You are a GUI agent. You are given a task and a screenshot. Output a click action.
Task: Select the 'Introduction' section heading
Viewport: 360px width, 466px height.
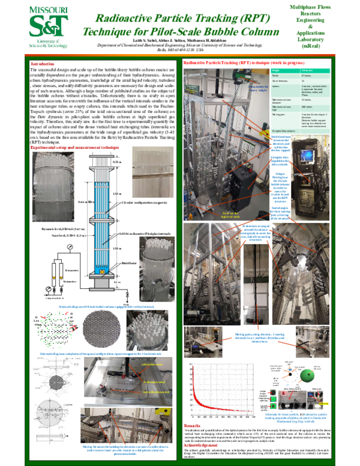(x=43, y=64)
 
